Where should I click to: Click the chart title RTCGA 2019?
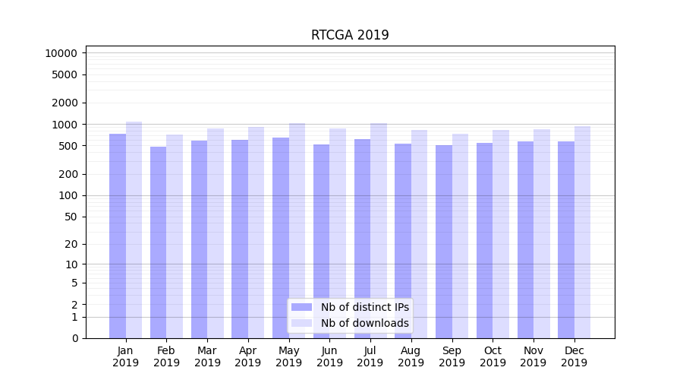(x=350, y=35)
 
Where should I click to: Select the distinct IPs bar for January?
(x=118, y=236)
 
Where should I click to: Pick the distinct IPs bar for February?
(x=158, y=242)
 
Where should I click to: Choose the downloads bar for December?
(x=582, y=232)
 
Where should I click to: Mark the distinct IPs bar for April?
(x=240, y=239)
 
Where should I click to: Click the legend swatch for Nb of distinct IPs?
(x=301, y=307)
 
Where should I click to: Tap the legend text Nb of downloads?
(x=364, y=323)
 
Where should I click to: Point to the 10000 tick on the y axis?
(x=61, y=53)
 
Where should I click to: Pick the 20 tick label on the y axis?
(x=70, y=244)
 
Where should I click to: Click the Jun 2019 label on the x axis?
(x=329, y=356)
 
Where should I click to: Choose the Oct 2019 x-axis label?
(x=493, y=356)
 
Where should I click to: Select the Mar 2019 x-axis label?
(x=207, y=356)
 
